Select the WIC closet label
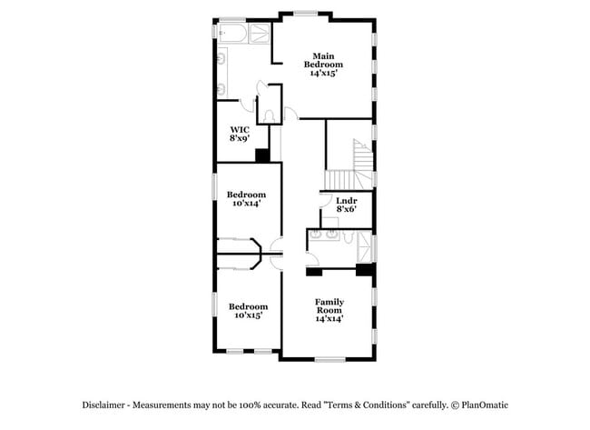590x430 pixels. pyautogui.click(x=240, y=129)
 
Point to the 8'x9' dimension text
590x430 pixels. pyautogui.click(x=240, y=139)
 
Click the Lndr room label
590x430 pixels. pyautogui.click(x=346, y=200)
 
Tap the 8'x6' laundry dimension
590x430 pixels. pyautogui.click(x=346, y=209)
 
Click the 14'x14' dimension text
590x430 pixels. pyautogui.click(x=329, y=319)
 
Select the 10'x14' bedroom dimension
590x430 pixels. pyautogui.click(x=247, y=204)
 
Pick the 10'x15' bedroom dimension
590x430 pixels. pyautogui.click(x=248, y=315)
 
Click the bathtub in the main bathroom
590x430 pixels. pyautogui.click(x=233, y=35)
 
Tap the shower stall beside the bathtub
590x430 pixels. pyautogui.click(x=261, y=35)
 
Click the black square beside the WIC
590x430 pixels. pyautogui.click(x=262, y=155)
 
